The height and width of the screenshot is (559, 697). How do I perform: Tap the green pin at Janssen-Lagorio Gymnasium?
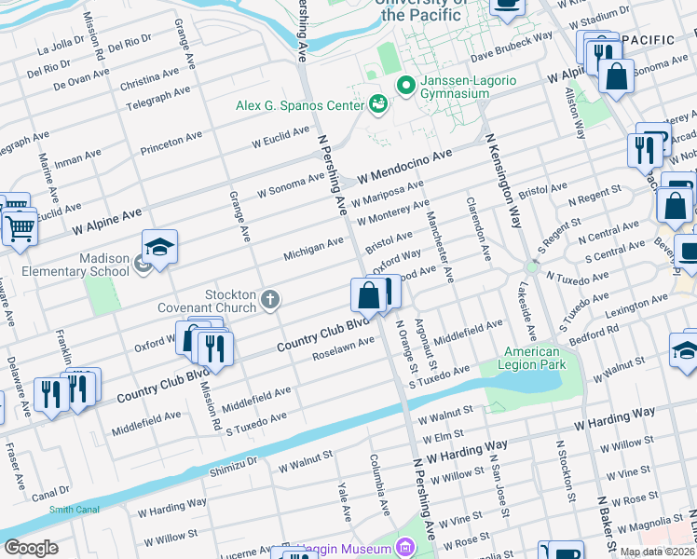click(x=405, y=86)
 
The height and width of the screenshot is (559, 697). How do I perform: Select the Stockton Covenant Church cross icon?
click(x=270, y=299)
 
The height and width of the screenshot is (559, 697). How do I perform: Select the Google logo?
click(x=31, y=548)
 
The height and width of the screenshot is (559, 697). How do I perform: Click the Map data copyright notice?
click(x=658, y=552)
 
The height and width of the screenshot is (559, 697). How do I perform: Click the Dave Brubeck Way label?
click(x=511, y=43)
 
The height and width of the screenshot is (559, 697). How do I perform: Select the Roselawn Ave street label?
click(x=343, y=348)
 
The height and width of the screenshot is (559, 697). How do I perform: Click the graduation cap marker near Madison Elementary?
click(x=159, y=248)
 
